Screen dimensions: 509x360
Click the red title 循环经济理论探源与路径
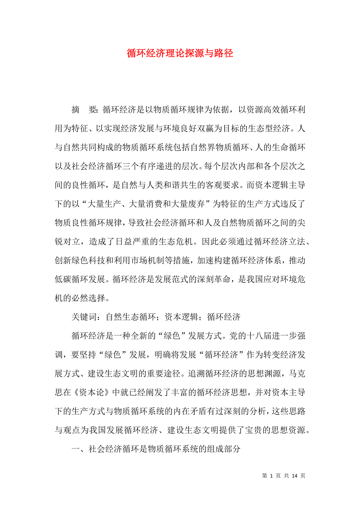pos(180,54)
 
